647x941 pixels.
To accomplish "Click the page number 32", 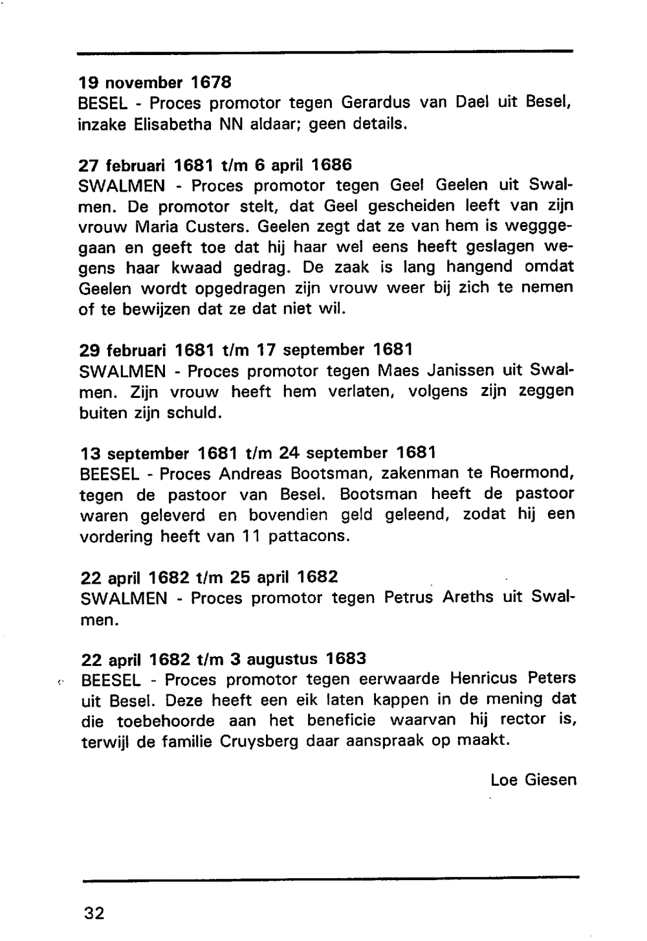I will [x=94, y=913].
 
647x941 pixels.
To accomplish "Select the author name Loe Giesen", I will [x=533, y=779].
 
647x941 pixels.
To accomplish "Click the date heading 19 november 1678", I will [x=155, y=82].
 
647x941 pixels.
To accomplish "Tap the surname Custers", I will [x=216, y=227].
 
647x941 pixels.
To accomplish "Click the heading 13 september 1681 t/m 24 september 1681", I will [x=258, y=452].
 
